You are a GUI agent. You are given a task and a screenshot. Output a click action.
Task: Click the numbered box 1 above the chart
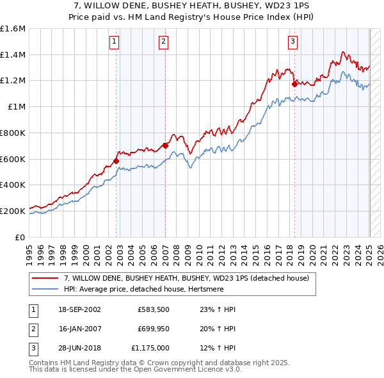(x=114, y=42)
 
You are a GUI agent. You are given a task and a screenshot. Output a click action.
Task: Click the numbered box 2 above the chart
(x=163, y=42)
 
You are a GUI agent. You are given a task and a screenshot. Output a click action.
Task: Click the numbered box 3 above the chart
(x=292, y=42)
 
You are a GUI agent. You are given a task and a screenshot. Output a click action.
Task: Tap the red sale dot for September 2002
(x=116, y=161)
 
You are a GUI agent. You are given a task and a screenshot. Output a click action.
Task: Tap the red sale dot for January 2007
(x=165, y=145)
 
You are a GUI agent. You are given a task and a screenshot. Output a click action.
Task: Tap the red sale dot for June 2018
(x=294, y=83)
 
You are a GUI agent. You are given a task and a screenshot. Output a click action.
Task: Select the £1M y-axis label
(x=17, y=107)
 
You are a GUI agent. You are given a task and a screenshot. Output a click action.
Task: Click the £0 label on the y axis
(x=21, y=236)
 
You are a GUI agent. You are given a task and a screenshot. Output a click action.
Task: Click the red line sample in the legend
(x=45, y=278)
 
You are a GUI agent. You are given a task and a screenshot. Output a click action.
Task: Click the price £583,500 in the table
(x=153, y=309)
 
